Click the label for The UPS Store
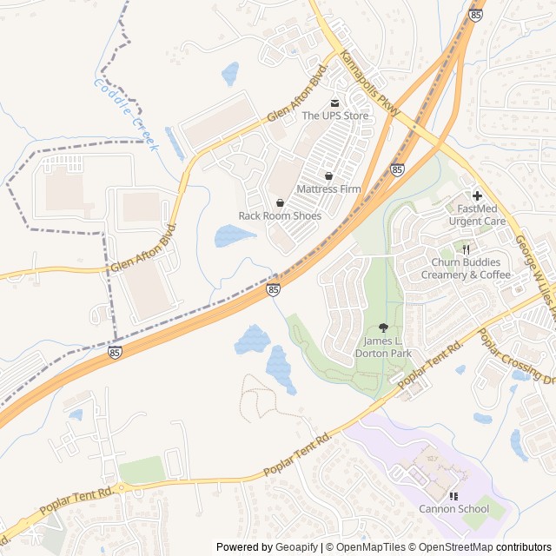click(x=335, y=116)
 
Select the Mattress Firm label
click(x=328, y=189)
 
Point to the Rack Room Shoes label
click(x=280, y=215)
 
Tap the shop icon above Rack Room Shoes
click(x=280, y=202)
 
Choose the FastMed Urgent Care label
click(x=477, y=215)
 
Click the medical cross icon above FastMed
click(x=477, y=195)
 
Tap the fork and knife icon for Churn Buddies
click(x=466, y=249)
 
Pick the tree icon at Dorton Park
click(x=383, y=328)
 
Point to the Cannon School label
click(x=453, y=509)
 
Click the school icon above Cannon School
click(x=453, y=496)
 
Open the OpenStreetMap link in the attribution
click(x=451, y=547)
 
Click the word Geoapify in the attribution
click(x=296, y=547)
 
